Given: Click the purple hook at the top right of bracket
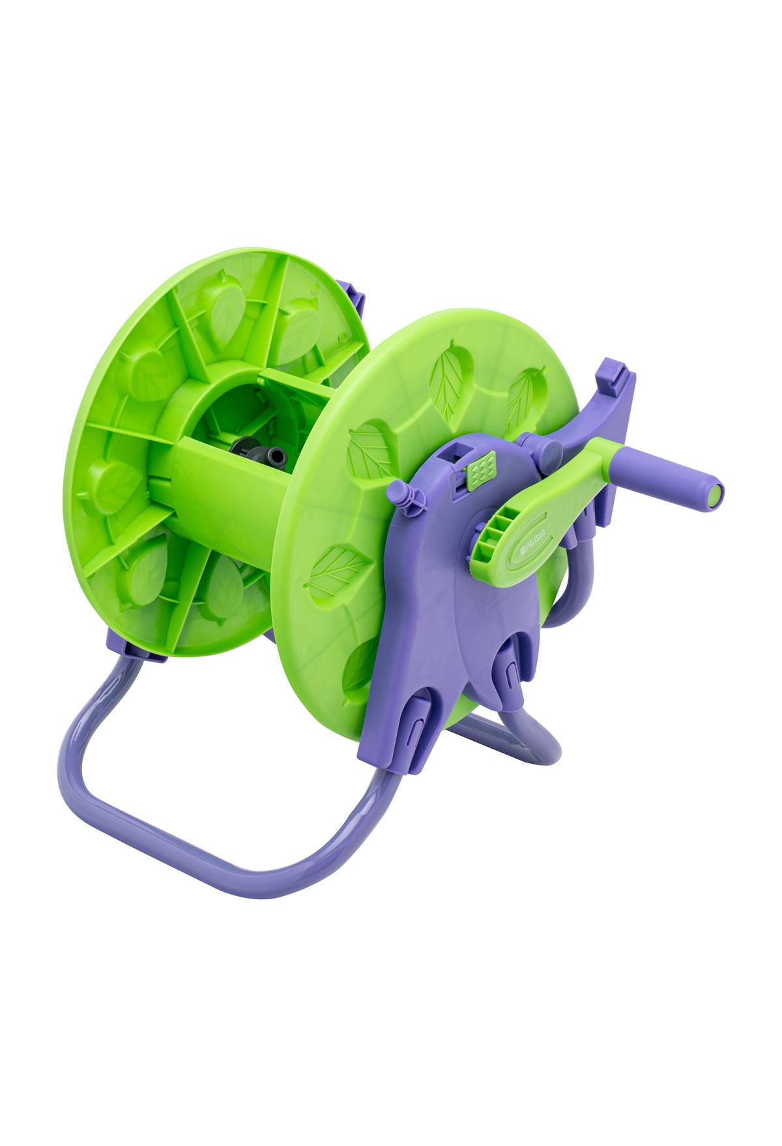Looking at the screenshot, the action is pos(616,377).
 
